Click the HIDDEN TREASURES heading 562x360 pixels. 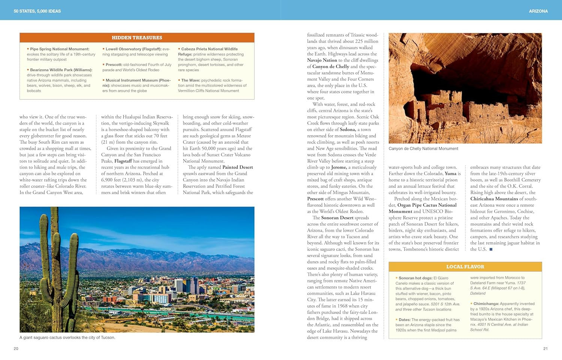click(x=137, y=37)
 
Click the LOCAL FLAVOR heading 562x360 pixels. click(x=465, y=267)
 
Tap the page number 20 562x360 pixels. click(x=16, y=349)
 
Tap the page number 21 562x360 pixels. click(x=545, y=349)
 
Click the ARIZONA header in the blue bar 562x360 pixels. click(x=538, y=11)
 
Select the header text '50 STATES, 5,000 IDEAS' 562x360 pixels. click(x=37, y=11)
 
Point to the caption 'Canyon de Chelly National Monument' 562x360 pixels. click(x=423, y=149)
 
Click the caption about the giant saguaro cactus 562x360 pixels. click(x=67, y=338)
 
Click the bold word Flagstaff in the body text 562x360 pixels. click(x=123, y=161)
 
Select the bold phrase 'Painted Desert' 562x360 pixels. click(x=238, y=167)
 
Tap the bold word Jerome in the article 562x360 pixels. click(x=339, y=167)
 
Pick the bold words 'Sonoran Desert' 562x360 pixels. click(x=337, y=218)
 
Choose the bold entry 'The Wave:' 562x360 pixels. click(x=190, y=80)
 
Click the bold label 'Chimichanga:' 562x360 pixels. click(x=486, y=304)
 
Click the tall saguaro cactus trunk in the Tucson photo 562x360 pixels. click(x=55, y=262)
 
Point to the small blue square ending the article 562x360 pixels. click(x=491, y=249)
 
